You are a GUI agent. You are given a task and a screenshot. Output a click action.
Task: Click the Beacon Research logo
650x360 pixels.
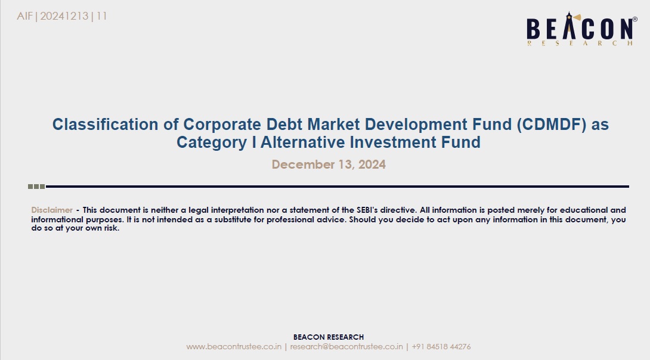click(581, 29)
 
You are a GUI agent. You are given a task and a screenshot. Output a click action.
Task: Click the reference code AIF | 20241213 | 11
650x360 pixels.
click(62, 16)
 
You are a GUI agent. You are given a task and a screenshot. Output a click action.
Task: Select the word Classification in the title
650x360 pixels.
click(106, 125)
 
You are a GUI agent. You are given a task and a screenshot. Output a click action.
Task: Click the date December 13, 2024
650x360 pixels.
click(329, 165)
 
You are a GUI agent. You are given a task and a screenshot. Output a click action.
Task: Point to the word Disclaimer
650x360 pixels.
click(52, 210)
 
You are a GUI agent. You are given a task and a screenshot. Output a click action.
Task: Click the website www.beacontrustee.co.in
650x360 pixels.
click(234, 347)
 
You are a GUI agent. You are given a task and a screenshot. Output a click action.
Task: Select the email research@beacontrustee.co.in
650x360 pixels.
click(346, 347)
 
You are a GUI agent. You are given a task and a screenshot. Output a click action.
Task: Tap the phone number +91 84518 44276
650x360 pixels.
click(441, 347)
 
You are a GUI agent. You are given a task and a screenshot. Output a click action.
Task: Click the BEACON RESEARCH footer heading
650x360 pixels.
click(329, 337)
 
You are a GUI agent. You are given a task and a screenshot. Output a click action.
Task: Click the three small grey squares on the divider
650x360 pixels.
click(36, 187)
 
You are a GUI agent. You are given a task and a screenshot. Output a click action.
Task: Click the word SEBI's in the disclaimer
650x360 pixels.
click(367, 210)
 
